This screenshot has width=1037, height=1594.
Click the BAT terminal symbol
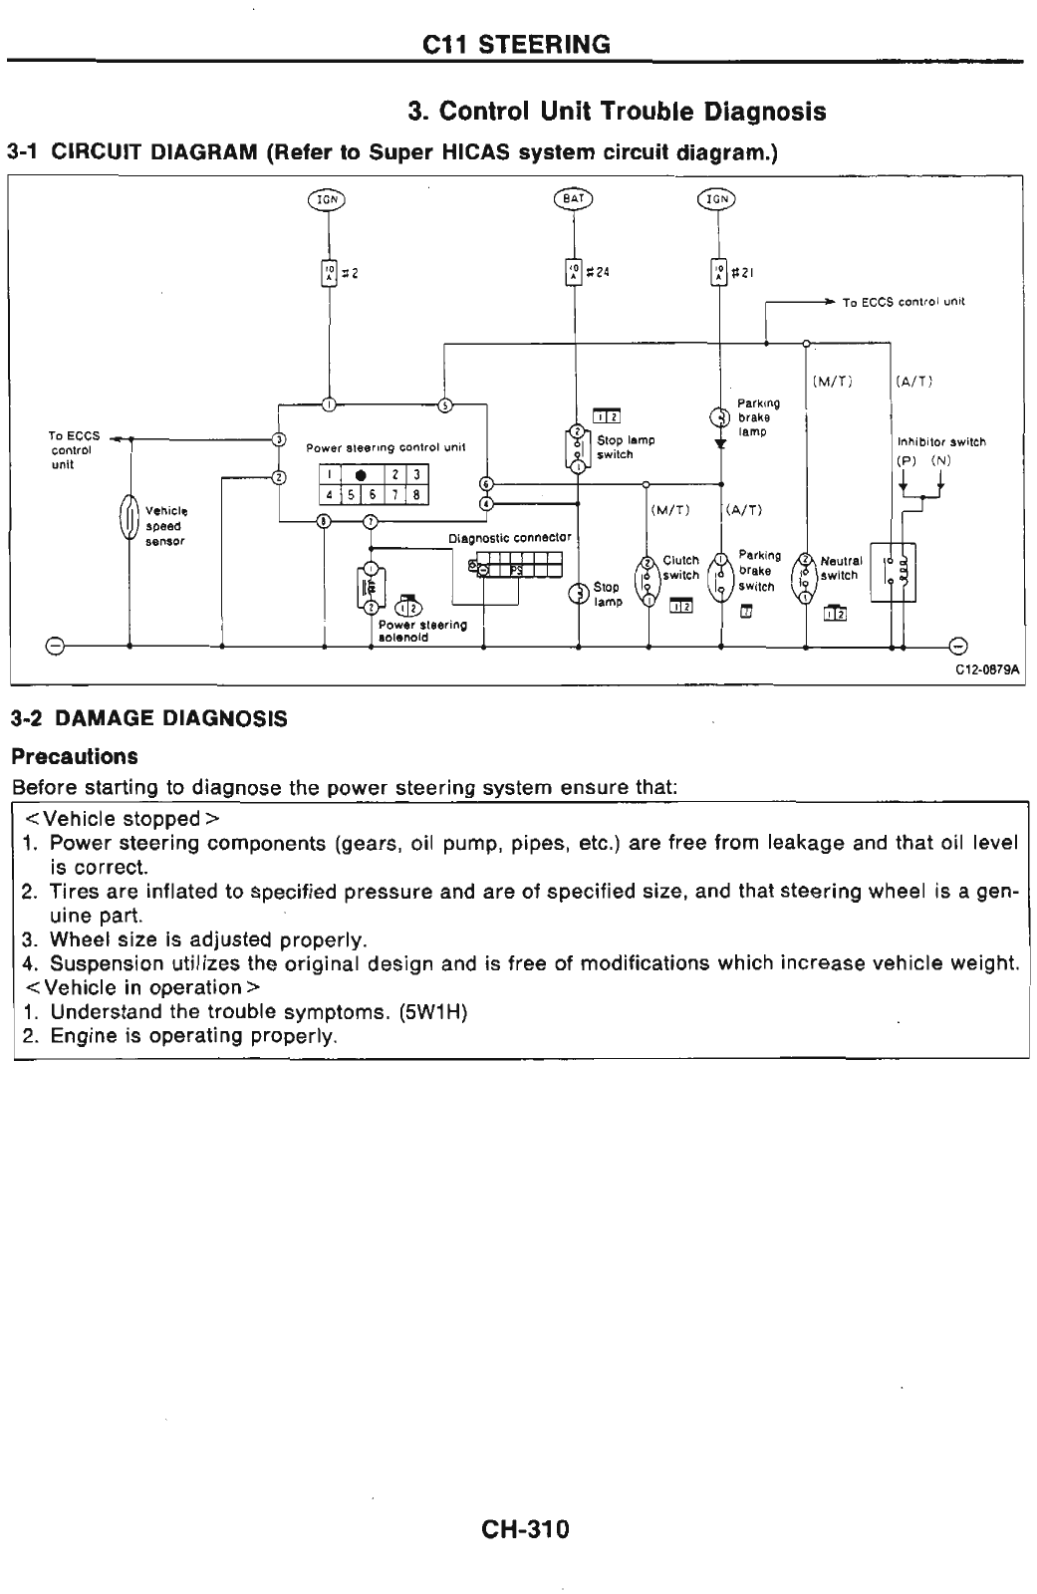click(573, 198)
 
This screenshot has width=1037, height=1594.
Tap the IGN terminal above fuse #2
click(326, 198)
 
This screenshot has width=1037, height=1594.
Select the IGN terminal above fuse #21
click(716, 198)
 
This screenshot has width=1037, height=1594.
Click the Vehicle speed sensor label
click(163, 525)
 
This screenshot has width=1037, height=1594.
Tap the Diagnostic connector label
click(510, 538)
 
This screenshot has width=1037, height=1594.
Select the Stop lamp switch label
click(626, 447)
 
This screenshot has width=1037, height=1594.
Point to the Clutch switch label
click(681, 568)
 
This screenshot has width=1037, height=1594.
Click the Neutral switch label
click(840, 568)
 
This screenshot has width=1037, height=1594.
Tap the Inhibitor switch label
click(941, 441)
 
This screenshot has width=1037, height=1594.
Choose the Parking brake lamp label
click(758, 417)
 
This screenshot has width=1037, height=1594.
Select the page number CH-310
click(523, 1528)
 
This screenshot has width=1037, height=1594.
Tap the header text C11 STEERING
click(517, 44)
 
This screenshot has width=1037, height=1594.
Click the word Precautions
click(74, 756)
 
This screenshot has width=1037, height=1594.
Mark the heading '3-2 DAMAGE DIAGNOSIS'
click(148, 718)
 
